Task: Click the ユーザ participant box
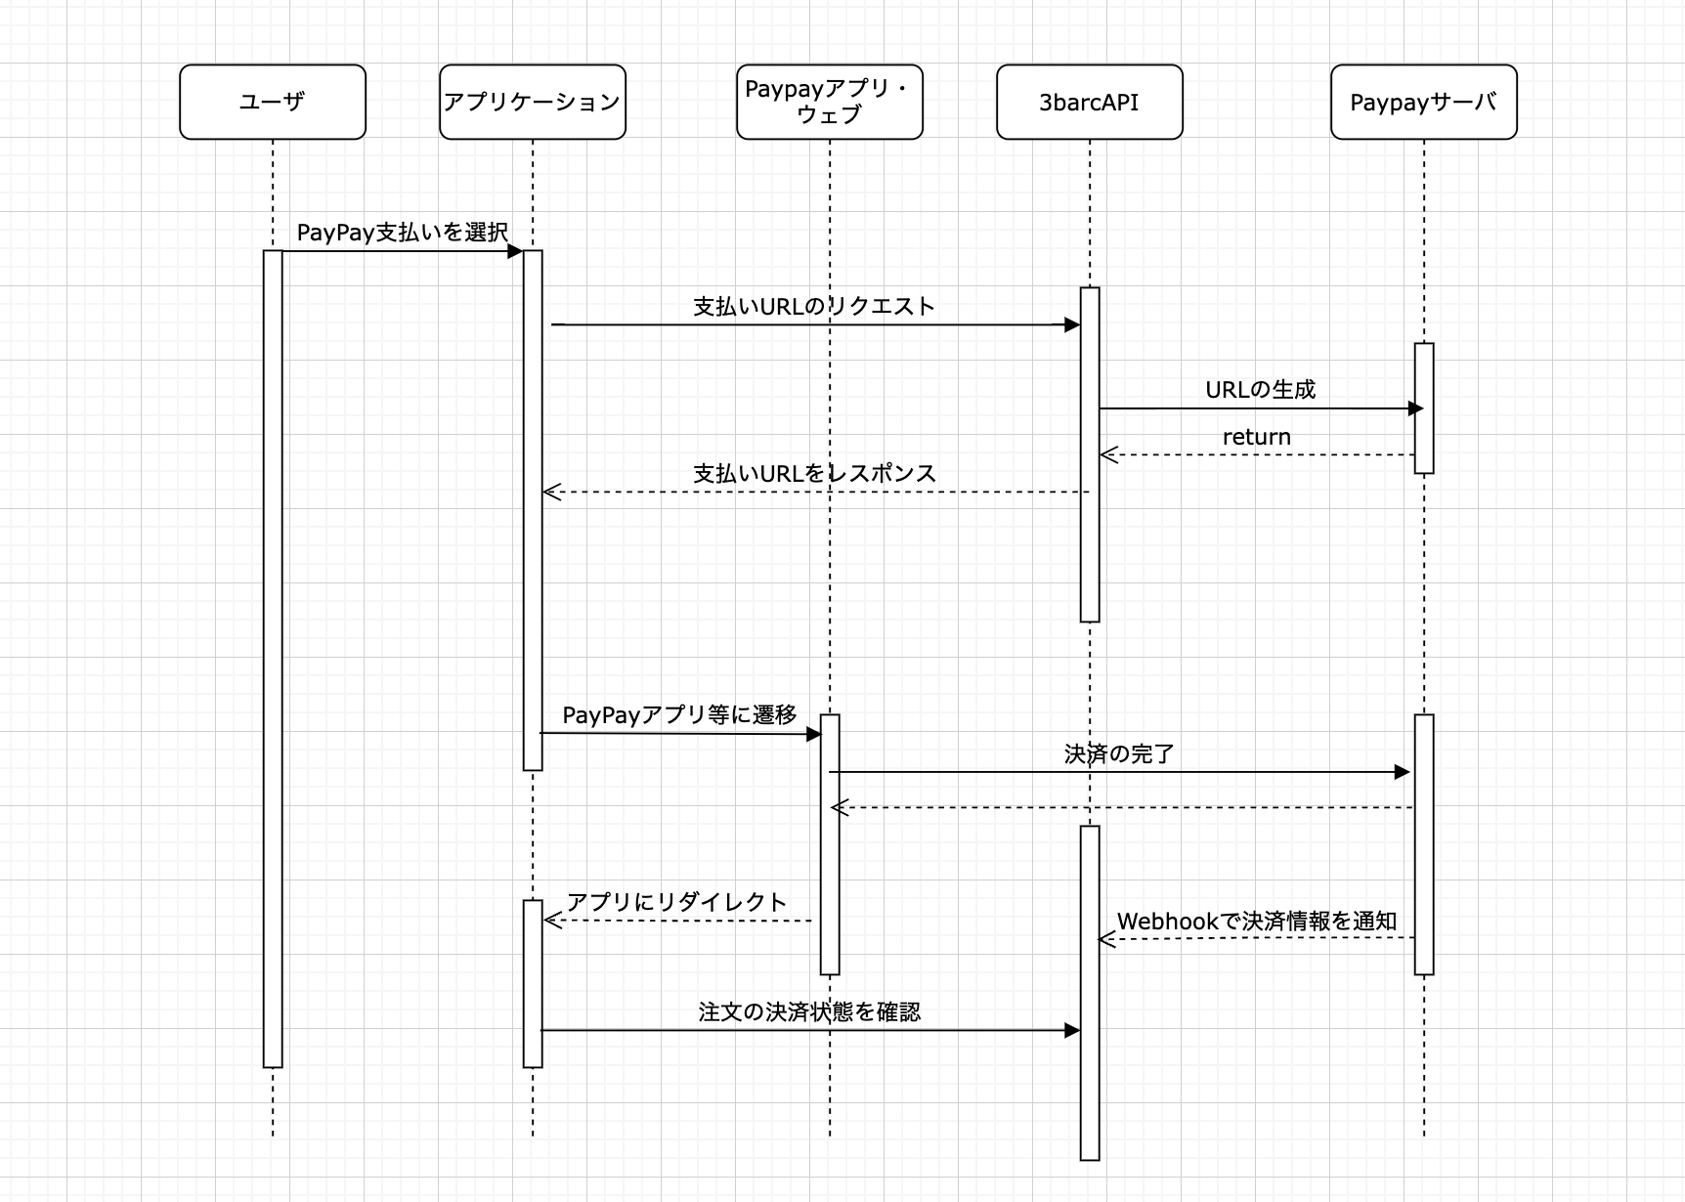[273, 102]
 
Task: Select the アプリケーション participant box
[533, 102]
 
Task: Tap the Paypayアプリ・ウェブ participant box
[829, 102]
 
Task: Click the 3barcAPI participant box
[1089, 102]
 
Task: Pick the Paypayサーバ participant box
[1423, 102]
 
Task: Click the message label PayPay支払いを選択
[403, 233]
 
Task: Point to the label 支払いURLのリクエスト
[814, 307]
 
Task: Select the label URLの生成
[1260, 390]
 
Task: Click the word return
[1257, 437]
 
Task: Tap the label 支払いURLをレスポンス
[814, 474]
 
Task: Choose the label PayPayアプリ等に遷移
[679, 715]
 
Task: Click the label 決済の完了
[1119, 754]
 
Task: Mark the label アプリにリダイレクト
[676, 902]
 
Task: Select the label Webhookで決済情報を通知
[1257, 922]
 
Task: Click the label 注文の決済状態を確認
[809, 1012]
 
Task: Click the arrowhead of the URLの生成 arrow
[1415, 408]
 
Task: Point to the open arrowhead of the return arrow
[1107, 454]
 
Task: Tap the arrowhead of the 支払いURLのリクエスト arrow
[1072, 324]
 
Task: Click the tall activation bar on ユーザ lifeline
[273, 659]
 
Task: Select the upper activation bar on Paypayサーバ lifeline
[1424, 408]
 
